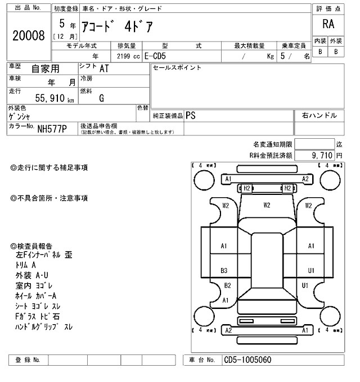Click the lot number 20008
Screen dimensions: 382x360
28,36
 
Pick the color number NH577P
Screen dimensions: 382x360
52,129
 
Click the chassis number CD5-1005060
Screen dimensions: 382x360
248,360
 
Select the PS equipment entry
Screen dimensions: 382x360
191,115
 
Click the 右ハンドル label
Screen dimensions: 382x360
319,115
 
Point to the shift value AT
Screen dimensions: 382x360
104,69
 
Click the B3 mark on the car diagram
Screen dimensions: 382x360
224,270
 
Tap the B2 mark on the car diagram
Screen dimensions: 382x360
227,285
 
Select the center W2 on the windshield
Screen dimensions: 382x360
267,205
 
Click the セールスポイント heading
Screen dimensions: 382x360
177,68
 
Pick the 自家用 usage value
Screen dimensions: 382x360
44,69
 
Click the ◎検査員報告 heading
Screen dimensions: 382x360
31,246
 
